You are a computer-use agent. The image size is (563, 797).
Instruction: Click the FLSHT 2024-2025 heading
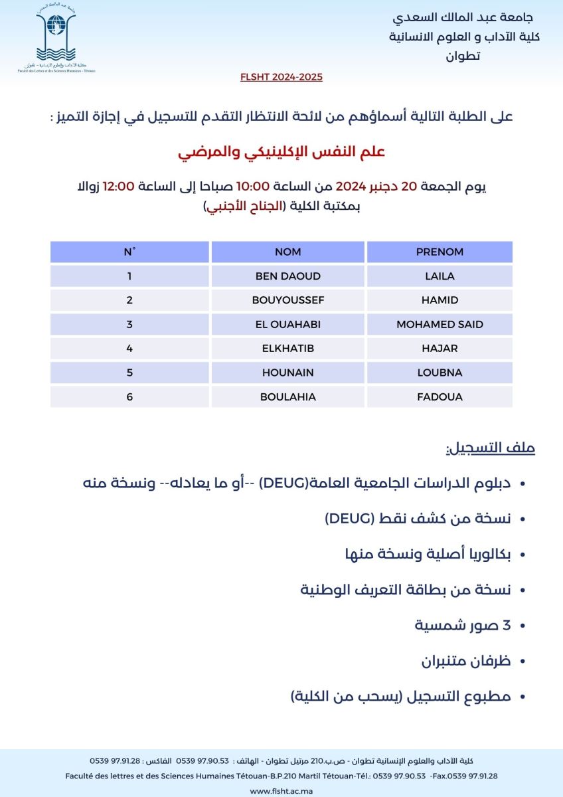click(281, 77)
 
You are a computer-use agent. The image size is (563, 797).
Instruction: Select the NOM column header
click(287, 252)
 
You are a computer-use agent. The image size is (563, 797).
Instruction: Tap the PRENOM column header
click(440, 252)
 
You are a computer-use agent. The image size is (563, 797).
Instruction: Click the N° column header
click(129, 252)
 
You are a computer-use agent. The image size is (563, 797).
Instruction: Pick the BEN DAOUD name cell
click(287, 276)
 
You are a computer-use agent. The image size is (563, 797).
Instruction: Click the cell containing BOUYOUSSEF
click(287, 300)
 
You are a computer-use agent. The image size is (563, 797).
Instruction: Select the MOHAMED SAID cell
click(440, 324)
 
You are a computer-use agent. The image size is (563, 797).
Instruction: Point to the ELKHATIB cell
click(287, 349)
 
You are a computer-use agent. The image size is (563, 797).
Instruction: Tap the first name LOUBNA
click(440, 373)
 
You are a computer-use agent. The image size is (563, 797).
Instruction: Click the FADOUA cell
click(440, 397)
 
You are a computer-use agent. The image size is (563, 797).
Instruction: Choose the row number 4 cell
click(129, 349)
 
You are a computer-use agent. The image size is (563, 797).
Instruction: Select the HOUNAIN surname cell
click(287, 373)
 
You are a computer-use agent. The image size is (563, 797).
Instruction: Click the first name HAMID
click(440, 300)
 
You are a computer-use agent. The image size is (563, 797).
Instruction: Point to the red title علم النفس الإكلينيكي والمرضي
click(281, 151)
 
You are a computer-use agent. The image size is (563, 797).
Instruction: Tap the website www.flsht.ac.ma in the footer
click(281, 791)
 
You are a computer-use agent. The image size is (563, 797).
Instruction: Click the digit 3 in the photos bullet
click(506, 626)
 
